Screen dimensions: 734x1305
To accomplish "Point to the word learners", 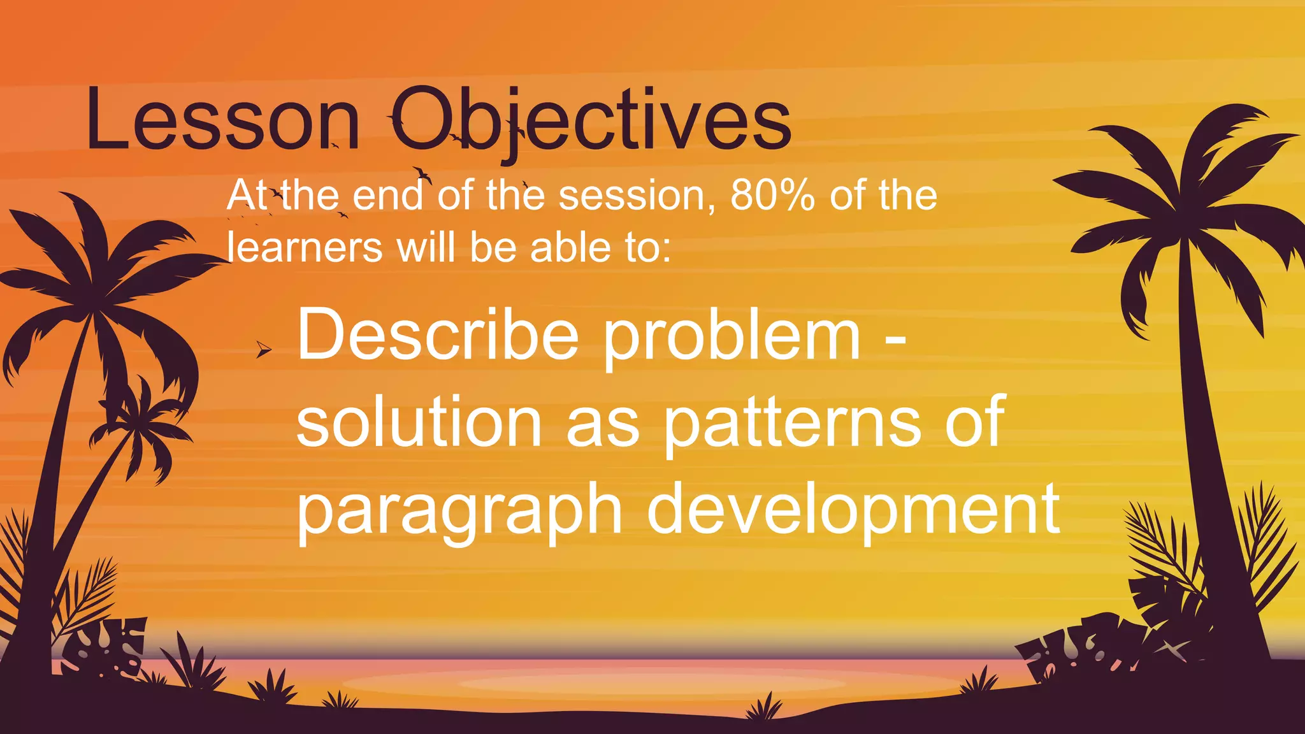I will tap(305, 247).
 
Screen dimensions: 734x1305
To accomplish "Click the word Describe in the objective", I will tap(438, 335).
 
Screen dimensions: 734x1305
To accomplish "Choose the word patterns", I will tap(792, 424).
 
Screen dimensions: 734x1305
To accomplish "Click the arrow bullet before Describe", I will tap(263, 350).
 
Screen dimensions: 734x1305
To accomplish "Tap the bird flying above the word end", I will tap(421, 174).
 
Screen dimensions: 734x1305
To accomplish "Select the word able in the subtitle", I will tap(569, 247).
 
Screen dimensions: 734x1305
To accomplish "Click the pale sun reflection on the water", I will tap(650, 684).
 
